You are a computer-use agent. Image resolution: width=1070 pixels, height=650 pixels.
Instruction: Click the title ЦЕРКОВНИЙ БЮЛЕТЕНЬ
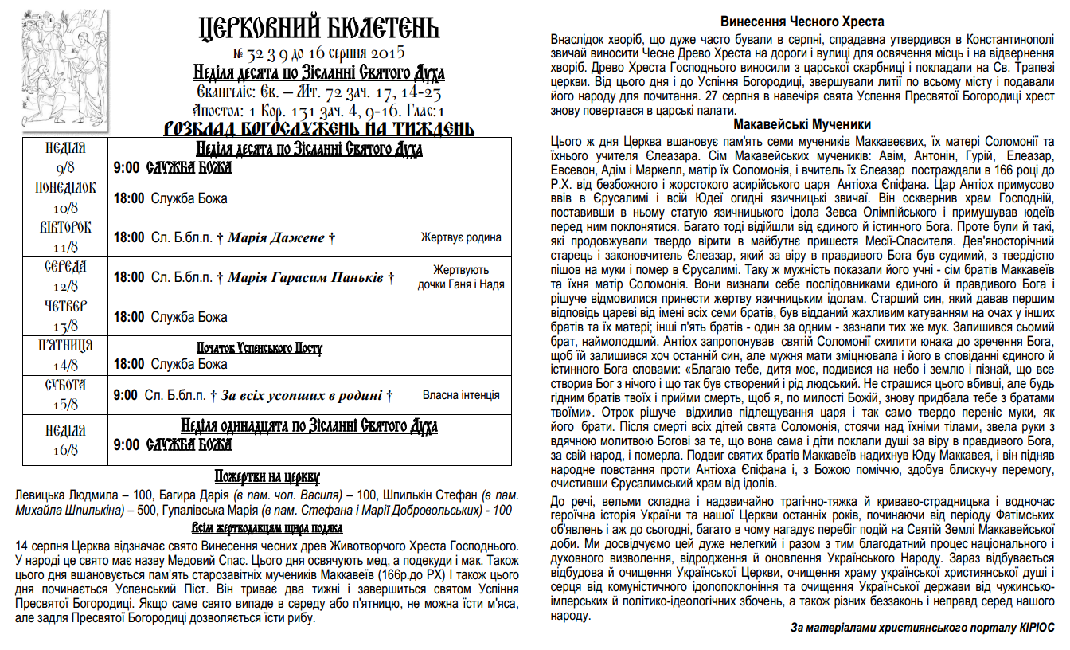click(x=318, y=29)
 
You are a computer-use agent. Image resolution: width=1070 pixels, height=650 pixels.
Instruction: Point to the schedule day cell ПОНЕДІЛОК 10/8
click(x=66, y=198)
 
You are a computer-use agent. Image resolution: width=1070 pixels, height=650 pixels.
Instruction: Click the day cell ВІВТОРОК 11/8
click(x=66, y=237)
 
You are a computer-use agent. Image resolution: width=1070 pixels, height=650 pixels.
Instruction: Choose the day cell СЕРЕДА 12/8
click(x=66, y=276)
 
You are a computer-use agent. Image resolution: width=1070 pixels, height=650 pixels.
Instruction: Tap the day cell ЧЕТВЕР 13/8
click(x=66, y=316)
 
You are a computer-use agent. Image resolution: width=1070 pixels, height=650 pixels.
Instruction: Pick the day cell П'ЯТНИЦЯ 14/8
click(x=66, y=355)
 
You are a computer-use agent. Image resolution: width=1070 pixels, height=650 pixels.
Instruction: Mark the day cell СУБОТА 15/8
click(x=66, y=395)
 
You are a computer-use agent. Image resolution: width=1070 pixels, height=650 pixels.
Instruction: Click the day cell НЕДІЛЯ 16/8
click(x=66, y=440)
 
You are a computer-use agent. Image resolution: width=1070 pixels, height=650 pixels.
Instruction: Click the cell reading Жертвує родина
click(x=462, y=237)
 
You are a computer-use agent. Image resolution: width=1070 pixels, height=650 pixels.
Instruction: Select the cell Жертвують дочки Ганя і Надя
click(x=462, y=277)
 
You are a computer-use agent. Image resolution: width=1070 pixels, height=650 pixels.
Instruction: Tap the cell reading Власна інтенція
click(x=462, y=395)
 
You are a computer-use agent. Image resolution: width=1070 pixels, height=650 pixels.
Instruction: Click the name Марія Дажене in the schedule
click(x=276, y=237)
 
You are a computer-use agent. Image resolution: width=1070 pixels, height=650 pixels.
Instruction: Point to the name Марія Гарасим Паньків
click(x=307, y=277)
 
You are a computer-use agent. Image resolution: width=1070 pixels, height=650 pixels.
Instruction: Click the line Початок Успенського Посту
click(x=260, y=349)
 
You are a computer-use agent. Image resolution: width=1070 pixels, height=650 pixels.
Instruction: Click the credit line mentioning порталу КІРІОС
click(x=923, y=628)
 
